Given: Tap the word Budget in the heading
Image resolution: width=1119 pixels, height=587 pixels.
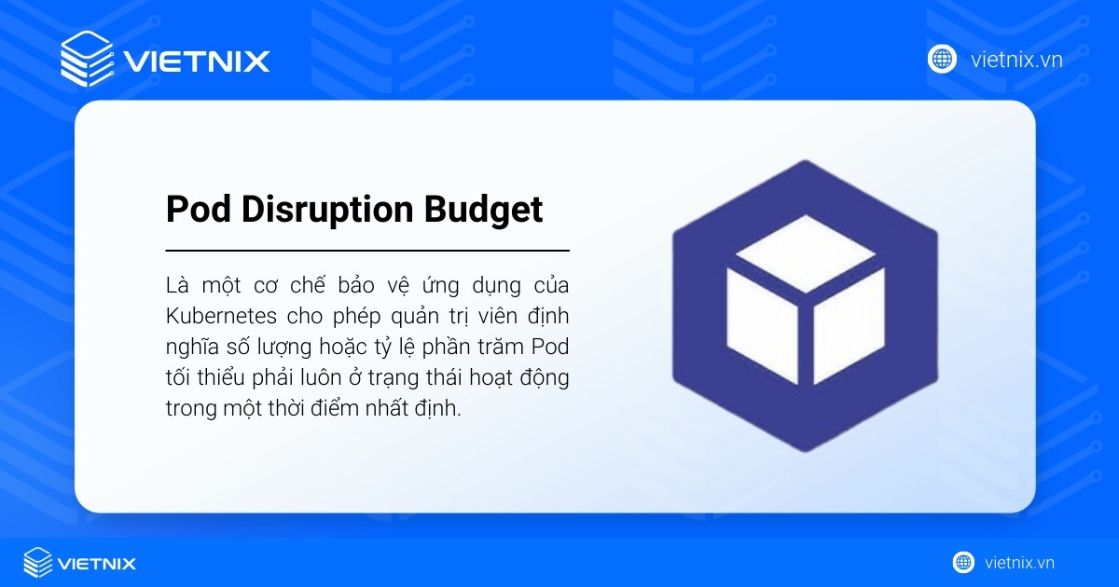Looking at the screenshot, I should (484, 210).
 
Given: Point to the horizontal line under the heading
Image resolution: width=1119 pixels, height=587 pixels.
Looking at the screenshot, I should (367, 251).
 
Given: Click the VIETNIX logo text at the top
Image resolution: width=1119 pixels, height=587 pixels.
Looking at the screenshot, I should (197, 61).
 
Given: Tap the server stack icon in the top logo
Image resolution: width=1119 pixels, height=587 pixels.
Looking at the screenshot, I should (87, 59).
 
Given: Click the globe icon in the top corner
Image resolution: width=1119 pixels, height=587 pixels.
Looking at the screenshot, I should (942, 59).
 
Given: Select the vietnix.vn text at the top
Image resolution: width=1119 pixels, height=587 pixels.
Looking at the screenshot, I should (1016, 60).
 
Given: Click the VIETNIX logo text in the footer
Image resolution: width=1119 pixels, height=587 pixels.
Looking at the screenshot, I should (96, 563).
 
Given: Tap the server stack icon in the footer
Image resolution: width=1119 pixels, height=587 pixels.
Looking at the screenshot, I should (38, 562).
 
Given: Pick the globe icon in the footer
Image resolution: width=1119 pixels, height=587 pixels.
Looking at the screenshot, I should (963, 562).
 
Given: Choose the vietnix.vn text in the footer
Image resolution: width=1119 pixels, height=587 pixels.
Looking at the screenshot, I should (1019, 563).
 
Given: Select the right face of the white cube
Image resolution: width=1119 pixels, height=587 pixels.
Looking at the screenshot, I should (848, 325).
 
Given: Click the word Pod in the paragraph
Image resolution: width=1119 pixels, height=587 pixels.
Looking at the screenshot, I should (550, 347).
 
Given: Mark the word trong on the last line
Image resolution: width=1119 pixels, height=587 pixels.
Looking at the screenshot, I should (191, 410).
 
